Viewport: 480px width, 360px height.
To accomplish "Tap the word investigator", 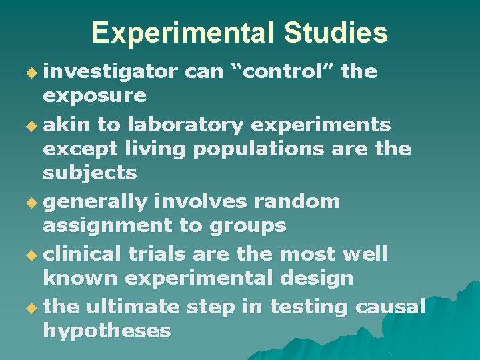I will point(110,71).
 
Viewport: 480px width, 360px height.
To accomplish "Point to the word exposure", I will point(95,96).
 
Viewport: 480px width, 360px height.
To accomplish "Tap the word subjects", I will point(90,173).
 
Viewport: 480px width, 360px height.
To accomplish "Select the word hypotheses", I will point(107,331).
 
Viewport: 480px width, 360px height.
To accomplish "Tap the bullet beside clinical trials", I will point(32,255).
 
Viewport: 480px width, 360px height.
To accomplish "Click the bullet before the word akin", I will point(32,125).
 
